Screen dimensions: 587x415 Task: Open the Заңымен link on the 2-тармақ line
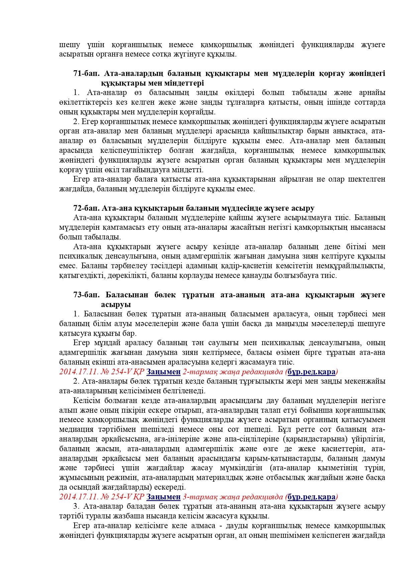pos(164,372)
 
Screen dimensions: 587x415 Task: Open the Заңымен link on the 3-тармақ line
pos(164,497)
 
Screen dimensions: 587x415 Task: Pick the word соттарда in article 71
pos(370,102)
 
